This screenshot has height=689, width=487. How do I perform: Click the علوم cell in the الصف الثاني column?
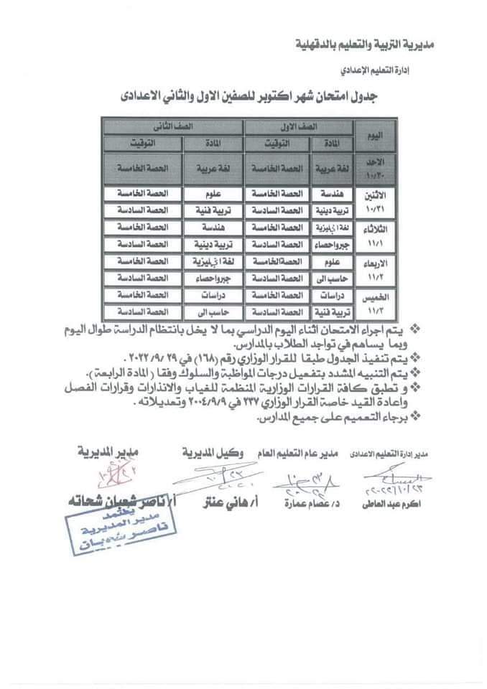click(x=213, y=194)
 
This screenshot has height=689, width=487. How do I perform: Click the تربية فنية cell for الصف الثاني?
click(x=213, y=210)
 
